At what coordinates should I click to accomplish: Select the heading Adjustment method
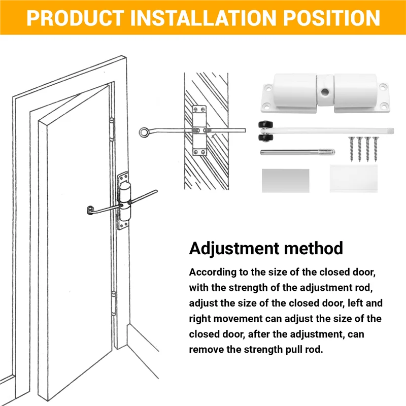point(266,248)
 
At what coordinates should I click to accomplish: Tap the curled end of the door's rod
point(90,208)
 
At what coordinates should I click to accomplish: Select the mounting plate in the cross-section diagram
point(198,130)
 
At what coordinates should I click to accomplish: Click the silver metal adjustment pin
point(297,151)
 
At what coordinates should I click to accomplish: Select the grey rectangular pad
point(285,180)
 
